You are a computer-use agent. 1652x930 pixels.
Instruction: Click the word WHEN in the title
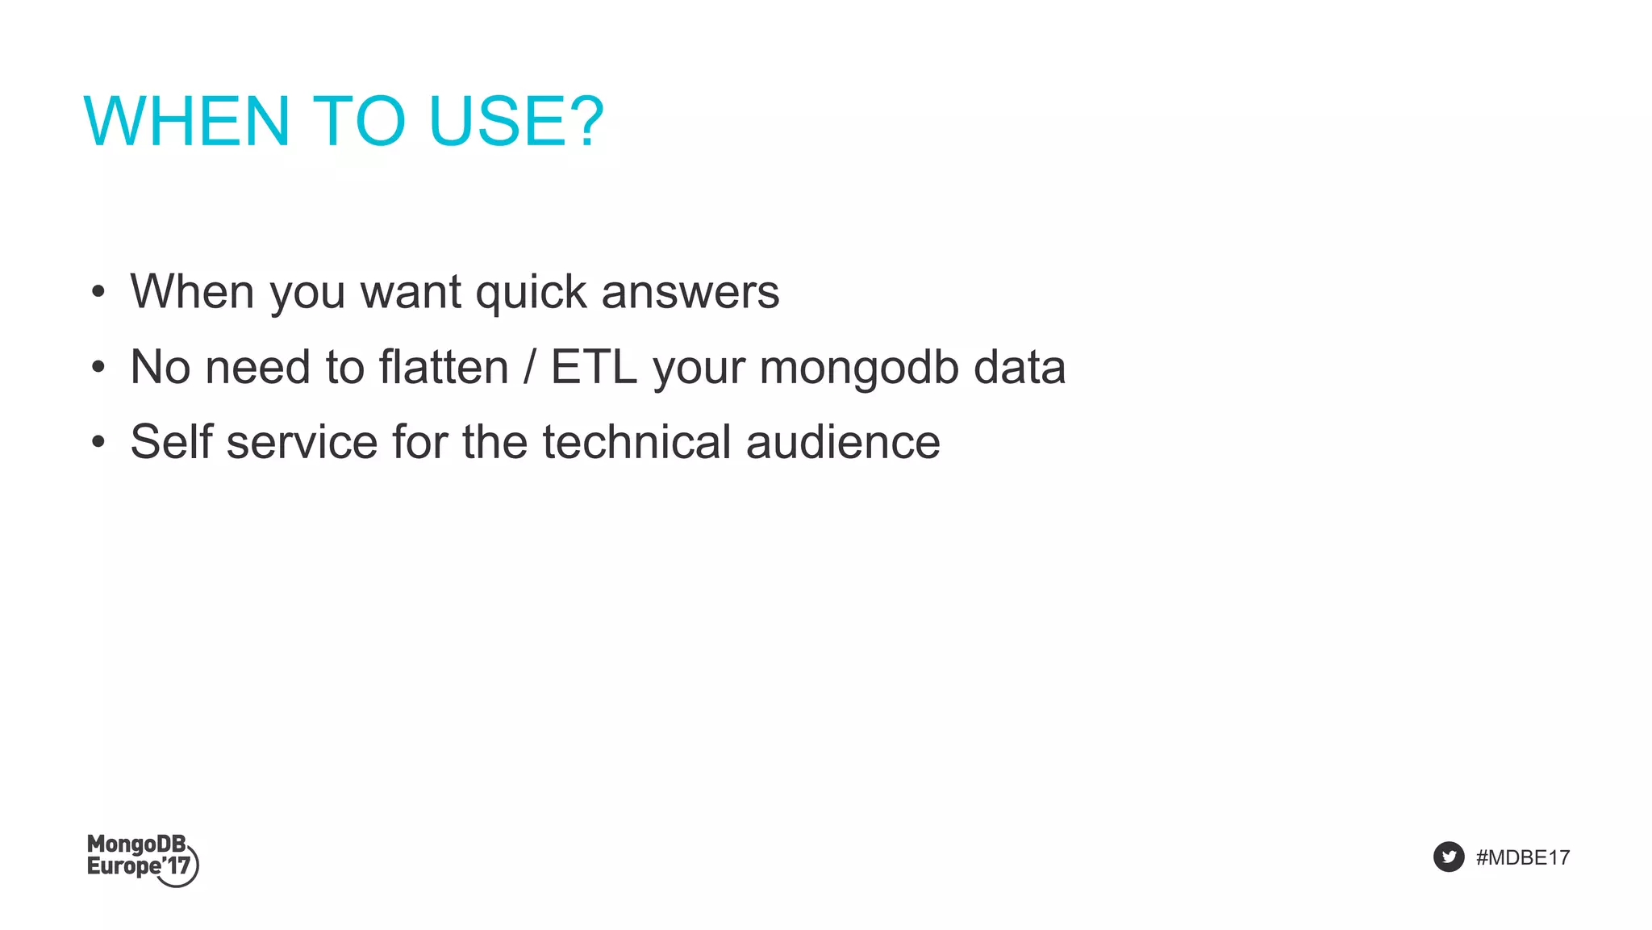186,122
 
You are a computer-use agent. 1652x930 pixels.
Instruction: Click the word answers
690,292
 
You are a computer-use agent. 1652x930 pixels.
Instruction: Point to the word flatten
444,368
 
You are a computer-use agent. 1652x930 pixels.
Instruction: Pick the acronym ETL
594,368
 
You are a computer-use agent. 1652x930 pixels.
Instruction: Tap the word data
1020,368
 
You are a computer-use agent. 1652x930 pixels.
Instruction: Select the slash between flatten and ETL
529,368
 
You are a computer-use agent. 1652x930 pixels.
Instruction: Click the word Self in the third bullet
172,442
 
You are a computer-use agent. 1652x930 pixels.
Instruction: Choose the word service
302,442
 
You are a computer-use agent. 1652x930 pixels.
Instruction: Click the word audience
843,442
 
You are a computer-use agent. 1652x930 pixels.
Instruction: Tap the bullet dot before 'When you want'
98,292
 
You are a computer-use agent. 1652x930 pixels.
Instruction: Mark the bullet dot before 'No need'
98,368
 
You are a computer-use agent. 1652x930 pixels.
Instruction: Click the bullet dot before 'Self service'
98,442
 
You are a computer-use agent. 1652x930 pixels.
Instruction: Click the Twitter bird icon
1449,857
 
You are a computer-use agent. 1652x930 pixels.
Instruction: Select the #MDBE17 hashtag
1522,857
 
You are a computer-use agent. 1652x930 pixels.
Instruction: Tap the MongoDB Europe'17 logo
142,859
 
